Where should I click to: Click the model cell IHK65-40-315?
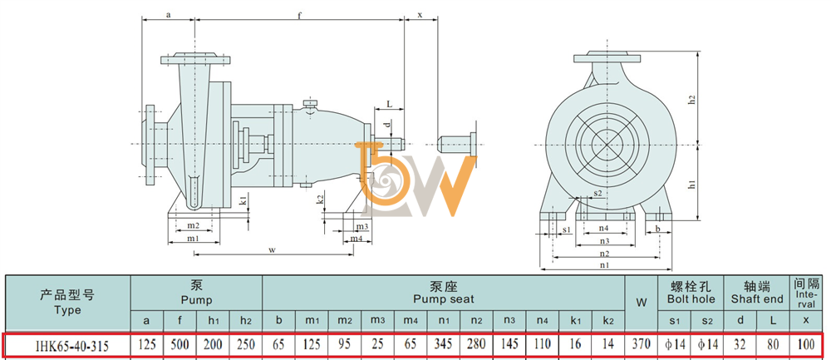coord(71,346)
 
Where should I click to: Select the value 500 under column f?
coord(179,345)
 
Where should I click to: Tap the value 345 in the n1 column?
coord(443,345)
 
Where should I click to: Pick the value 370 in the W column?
coord(642,345)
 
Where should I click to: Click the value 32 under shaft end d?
coord(740,345)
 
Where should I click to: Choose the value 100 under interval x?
coord(805,345)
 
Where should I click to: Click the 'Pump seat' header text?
coord(444,299)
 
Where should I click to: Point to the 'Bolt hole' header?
coord(691,299)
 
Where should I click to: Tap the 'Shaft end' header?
coord(757,299)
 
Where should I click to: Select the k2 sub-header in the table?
coord(608,321)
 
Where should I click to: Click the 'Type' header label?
coord(67,309)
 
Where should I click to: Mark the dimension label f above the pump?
coord(299,15)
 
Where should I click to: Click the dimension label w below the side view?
coord(273,249)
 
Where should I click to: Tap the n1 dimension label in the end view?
coord(605,264)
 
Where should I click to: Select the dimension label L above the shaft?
coord(389,105)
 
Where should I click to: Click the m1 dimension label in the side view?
coord(193,239)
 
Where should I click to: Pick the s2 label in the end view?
coord(597,193)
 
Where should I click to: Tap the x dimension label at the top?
coord(420,15)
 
